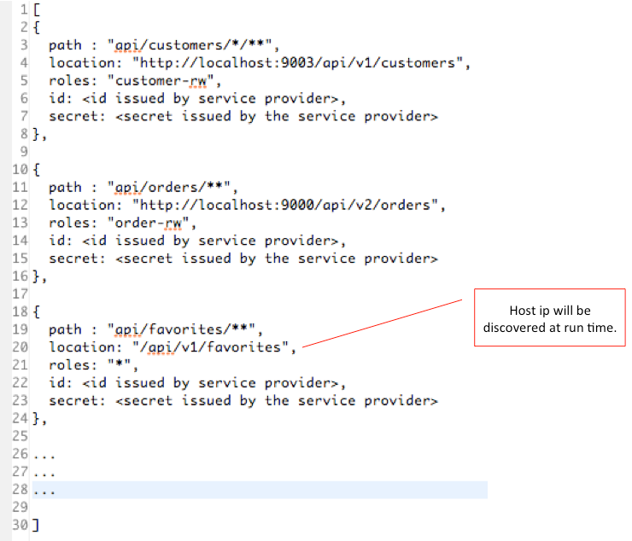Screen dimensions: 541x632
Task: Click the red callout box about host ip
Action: click(549, 317)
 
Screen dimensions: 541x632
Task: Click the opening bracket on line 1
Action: click(35, 9)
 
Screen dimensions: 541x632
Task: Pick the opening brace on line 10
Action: click(35, 169)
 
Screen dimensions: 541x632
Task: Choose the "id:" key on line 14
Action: click(59, 241)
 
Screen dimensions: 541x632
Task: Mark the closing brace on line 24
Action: click(35, 418)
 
